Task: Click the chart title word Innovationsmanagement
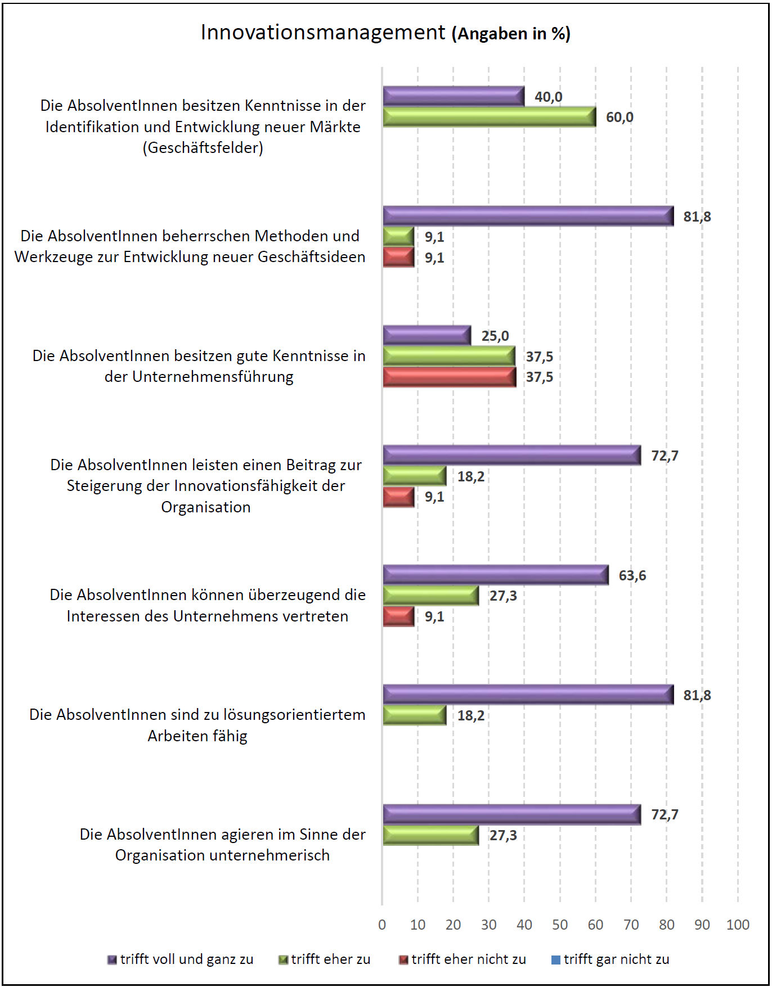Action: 323,33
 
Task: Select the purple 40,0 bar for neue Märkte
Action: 454,96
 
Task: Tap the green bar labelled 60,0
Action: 489,117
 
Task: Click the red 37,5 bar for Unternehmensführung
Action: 449,377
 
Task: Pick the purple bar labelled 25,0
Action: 427,336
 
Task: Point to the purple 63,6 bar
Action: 495,575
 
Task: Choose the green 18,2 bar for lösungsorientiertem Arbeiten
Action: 414,715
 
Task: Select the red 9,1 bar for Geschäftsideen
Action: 398,258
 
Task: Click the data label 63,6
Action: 632,575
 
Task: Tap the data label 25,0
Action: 495,336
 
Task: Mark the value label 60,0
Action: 620,117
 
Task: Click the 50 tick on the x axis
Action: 560,925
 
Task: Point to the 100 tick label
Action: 738,925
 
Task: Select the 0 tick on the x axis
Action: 382,925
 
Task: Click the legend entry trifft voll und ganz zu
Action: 186,959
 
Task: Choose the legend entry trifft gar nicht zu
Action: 616,959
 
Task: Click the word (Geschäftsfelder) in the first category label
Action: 203,148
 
